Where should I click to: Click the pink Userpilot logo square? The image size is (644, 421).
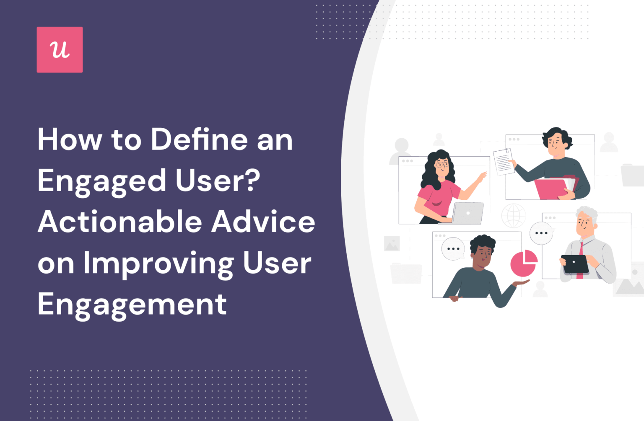click(60, 50)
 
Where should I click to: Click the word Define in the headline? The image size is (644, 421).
click(199, 139)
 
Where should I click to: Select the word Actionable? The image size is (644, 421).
click(120, 222)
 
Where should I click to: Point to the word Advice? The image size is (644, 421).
click(263, 222)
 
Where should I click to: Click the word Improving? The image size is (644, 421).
click(158, 264)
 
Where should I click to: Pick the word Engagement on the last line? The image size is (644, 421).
click(132, 305)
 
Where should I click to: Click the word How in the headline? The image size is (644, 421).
click(70, 139)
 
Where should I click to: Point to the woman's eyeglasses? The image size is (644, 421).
click(441, 165)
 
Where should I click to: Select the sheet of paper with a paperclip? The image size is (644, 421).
click(503, 161)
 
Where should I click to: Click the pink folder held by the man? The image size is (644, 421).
click(551, 189)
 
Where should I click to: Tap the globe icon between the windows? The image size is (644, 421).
click(514, 216)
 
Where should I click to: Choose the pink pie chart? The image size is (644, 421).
click(523, 263)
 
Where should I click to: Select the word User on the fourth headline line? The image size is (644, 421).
click(277, 264)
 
